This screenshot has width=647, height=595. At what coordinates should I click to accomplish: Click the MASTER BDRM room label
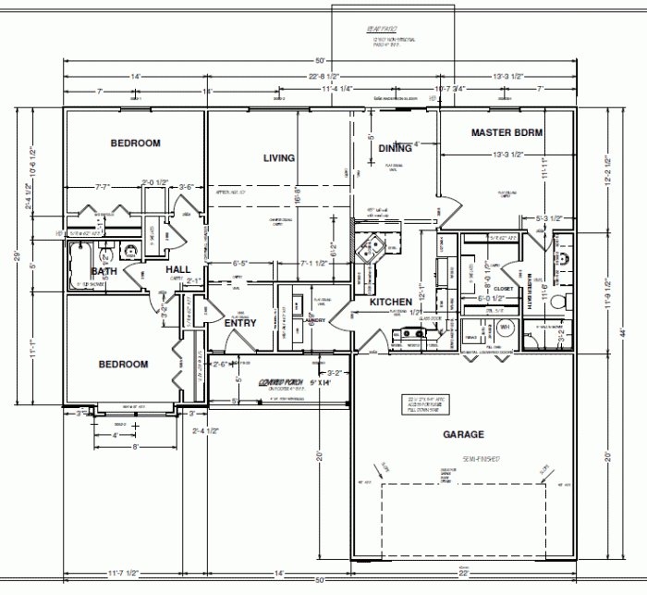pos(507,133)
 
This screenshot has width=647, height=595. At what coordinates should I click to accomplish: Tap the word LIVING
pos(278,158)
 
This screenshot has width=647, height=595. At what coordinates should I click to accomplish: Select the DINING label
pos(396,148)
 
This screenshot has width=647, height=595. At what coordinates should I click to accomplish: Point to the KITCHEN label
pos(391,303)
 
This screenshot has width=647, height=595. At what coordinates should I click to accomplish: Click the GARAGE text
pos(463,434)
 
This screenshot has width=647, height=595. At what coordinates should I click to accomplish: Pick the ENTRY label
pos(240,323)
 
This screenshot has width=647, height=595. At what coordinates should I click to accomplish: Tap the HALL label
pos(178,270)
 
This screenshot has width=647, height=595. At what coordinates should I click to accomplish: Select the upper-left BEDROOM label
pos(136,143)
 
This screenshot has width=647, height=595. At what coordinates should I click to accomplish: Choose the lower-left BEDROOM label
pos(123,365)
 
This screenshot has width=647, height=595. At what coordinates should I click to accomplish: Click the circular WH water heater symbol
pos(506,328)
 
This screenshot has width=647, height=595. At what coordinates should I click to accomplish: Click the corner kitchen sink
pos(374,247)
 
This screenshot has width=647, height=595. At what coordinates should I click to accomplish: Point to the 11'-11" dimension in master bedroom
pos(545,168)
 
